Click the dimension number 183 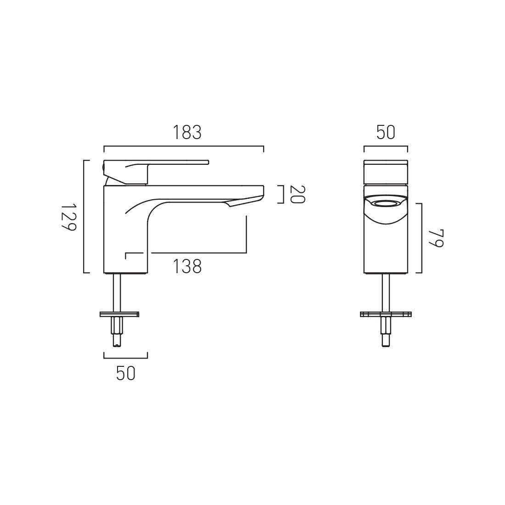187,133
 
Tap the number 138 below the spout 187,266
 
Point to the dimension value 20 297,194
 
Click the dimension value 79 436,238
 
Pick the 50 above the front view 386,133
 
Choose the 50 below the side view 125,373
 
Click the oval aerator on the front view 386,203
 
